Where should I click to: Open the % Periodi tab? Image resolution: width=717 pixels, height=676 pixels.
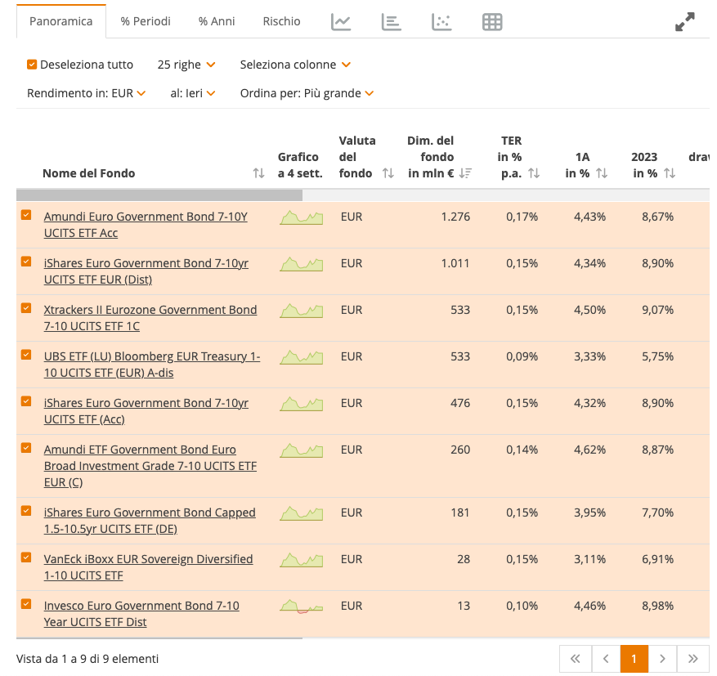[x=146, y=21]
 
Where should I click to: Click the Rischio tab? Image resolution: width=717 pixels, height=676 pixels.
[x=281, y=21]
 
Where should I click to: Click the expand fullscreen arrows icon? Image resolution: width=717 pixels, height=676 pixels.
[x=684, y=22]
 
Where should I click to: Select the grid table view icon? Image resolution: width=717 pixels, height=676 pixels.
[x=492, y=22]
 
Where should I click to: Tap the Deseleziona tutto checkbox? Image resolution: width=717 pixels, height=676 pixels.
[x=32, y=65]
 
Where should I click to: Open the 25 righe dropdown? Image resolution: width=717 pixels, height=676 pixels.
[x=186, y=65]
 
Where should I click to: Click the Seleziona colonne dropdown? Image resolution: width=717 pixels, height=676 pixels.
[x=294, y=65]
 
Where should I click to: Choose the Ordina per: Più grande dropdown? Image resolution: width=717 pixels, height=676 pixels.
[x=307, y=93]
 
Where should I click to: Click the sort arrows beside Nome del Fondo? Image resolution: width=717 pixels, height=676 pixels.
[x=258, y=173]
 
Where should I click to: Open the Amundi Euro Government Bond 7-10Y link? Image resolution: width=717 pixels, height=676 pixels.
[x=146, y=217]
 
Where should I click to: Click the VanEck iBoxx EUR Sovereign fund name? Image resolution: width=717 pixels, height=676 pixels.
[x=148, y=559]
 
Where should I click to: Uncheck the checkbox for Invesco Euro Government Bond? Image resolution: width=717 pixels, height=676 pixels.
[x=26, y=604]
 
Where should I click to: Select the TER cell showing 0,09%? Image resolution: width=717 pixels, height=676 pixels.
[x=522, y=356]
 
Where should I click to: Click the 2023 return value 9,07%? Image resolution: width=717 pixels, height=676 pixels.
[x=657, y=310]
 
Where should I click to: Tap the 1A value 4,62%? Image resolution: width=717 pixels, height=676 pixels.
[x=589, y=450]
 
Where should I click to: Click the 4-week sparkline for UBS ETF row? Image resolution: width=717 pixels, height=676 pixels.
[x=301, y=357]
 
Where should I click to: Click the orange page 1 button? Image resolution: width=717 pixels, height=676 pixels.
[x=634, y=658]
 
